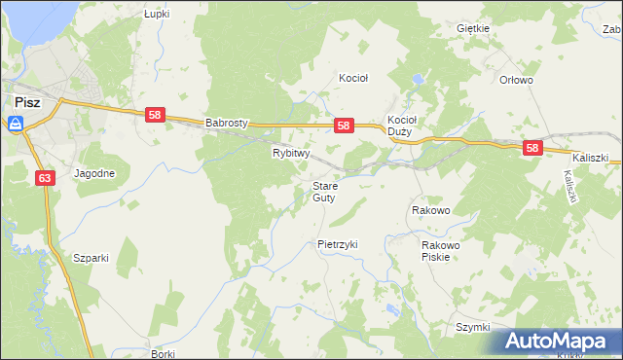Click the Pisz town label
pyautogui.click(x=26, y=101)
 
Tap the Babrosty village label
pyautogui.click(x=228, y=124)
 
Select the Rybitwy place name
pyautogui.click(x=290, y=153)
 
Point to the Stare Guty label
pyautogui.click(x=324, y=191)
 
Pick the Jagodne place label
pyautogui.click(x=93, y=174)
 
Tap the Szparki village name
pyautogui.click(x=91, y=258)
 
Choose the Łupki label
pyautogui.click(x=157, y=15)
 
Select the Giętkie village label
pyautogui.click(x=472, y=28)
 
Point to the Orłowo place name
pyautogui.click(x=516, y=81)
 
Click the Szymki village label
pyautogui.click(x=472, y=327)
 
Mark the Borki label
pyautogui.click(x=163, y=354)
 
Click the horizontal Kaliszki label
pyautogui.click(x=590, y=157)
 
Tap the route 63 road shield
pyautogui.click(x=46, y=178)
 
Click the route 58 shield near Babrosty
pyautogui.click(x=154, y=115)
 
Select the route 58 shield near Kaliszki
pyautogui.click(x=531, y=148)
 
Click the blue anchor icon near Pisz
pyautogui.click(x=16, y=124)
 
